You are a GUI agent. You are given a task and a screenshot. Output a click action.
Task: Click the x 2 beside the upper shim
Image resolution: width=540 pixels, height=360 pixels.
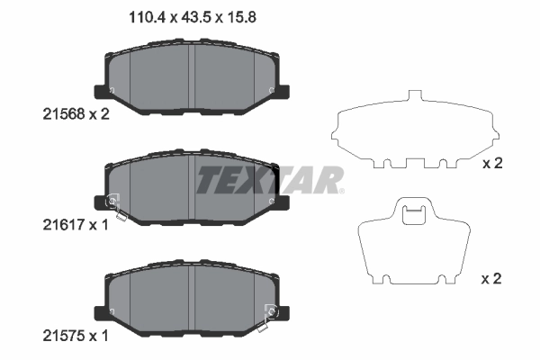(491, 164)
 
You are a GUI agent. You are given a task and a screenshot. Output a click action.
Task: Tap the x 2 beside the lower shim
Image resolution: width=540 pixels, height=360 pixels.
(491, 280)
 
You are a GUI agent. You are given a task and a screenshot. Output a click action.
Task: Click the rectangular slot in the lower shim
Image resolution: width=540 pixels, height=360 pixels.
(413, 214)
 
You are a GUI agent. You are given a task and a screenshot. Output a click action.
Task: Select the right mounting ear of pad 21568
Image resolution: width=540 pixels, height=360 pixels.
(282, 91)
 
